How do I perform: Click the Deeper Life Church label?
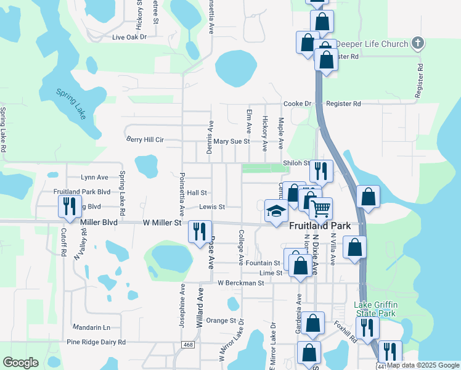pyautogui.click(x=372, y=44)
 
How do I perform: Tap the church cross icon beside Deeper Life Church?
pyautogui.click(x=418, y=43)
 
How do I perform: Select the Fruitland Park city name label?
pyautogui.click(x=320, y=226)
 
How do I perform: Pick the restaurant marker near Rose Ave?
pyautogui.click(x=199, y=232)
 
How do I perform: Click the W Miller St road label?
pyautogui.click(x=162, y=222)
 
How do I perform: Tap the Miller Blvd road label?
pyautogui.click(x=99, y=221)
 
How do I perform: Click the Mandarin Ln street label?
pyautogui.click(x=91, y=327)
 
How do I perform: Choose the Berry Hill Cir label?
pyautogui.click(x=145, y=140)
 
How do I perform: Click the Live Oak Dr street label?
pyautogui.click(x=129, y=37)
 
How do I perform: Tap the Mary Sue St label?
pyautogui.click(x=231, y=141)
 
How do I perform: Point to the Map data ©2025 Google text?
pyautogui.click(x=422, y=366)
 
